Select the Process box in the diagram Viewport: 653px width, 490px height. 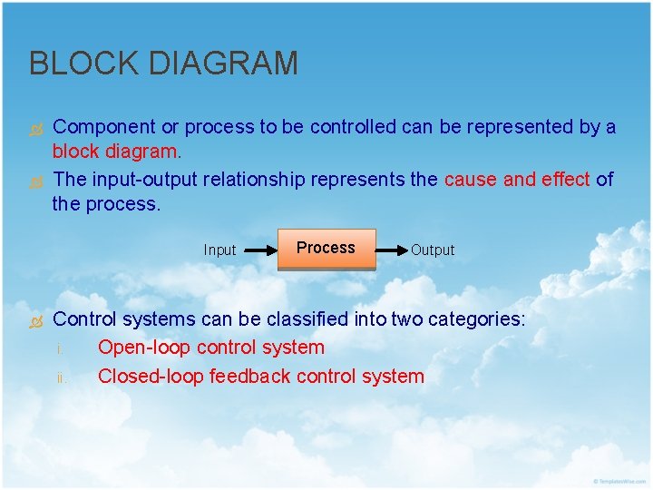326,249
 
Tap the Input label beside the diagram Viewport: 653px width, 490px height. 219,250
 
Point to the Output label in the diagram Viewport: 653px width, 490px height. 433,250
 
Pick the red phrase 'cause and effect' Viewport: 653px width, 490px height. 517,180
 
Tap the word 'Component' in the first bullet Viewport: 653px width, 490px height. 104,127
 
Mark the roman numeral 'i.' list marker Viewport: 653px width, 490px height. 60,349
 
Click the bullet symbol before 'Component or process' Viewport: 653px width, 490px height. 36,129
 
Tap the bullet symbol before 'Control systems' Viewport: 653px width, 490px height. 36,321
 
